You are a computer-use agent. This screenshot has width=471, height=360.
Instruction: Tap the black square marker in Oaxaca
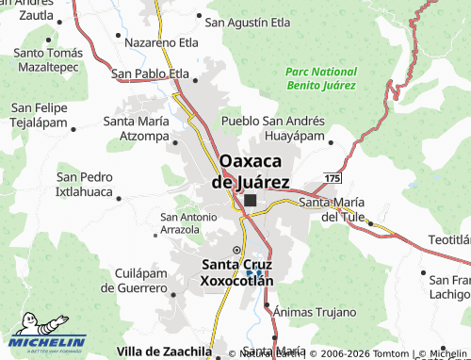click(x=251, y=201)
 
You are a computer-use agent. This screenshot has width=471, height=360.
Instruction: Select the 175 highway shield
click(x=332, y=177)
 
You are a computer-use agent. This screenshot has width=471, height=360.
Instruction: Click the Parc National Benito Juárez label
click(x=320, y=78)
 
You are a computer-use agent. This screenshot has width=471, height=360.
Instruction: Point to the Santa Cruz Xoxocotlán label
click(x=236, y=272)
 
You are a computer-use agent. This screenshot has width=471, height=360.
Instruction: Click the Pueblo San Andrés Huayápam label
click(x=274, y=128)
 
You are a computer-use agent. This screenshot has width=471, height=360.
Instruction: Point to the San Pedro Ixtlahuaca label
click(x=85, y=185)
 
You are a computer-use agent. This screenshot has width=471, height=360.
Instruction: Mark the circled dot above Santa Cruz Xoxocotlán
click(x=236, y=250)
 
